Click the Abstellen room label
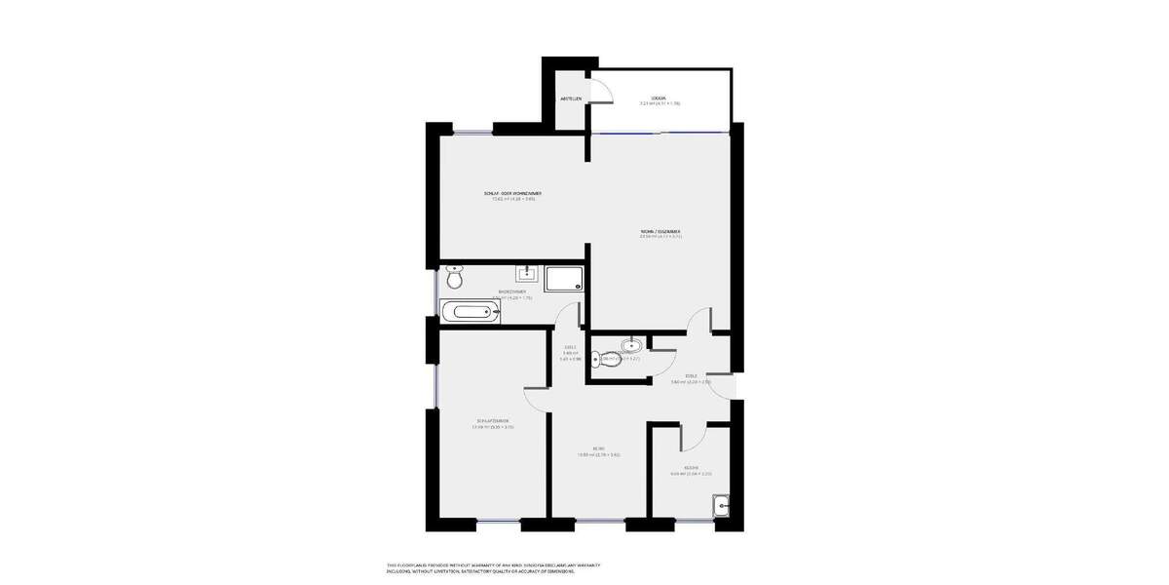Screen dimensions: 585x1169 click(x=571, y=98)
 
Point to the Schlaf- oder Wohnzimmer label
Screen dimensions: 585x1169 click(x=512, y=195)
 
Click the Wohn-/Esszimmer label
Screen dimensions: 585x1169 click(x=660, y=233)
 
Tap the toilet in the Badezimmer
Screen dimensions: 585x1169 click(x=454, y=279)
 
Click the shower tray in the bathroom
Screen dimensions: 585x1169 click(x=566, y=280)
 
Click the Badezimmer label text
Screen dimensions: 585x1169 click(x=512, y=293)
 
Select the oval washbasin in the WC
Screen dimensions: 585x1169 click(x=631, y=344)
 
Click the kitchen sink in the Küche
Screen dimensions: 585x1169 click(x=720, y=505)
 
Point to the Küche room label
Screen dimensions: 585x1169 click(x=691, y=470)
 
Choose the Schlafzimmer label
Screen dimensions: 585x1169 click(x=492, y=423)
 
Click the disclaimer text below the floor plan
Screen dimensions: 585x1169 click(x=493, y=567)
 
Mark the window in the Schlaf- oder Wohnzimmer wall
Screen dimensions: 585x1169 click(x=472, y=133)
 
